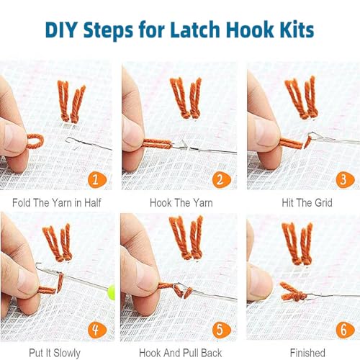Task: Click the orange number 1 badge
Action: click(96, 179)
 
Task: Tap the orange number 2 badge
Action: click(221, 179)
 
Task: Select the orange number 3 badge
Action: click(345, 179)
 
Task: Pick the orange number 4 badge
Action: click(96, 330)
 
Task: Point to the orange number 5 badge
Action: click(221, 330)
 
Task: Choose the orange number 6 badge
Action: click(345, 330)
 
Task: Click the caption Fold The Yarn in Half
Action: click(57, 203)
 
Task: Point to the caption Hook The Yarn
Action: click(181, 203)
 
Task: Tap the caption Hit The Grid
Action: click(307, 203)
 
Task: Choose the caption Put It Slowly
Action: click(55, 353)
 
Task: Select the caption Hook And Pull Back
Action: click(180, 353)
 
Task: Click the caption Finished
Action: click(307, 353)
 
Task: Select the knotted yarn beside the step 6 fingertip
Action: click(293, 292)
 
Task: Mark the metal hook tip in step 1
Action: click(67, 139)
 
